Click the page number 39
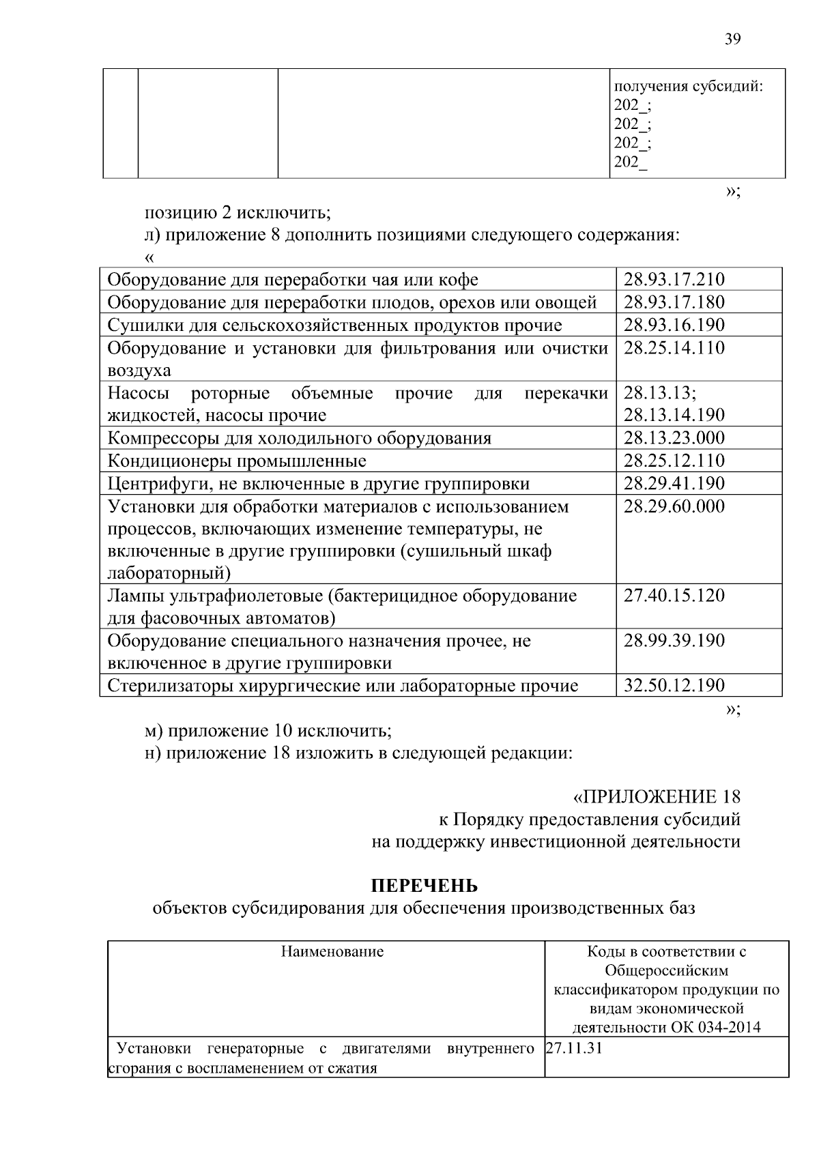pos(732,39)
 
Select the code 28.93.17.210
pos(674,279)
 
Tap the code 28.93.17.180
pos(674,302)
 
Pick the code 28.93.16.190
pos(674,324)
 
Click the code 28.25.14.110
pos(674,348)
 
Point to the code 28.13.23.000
pos(674,437)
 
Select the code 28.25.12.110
pos(674,460)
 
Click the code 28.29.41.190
pos(674,483)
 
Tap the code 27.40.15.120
pos(674,595)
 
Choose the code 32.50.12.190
pos(674,685)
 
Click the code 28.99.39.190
pos(674,640)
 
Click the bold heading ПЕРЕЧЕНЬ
pos(424,886)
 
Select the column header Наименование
pos(332,951)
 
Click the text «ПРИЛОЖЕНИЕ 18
pos(656,796)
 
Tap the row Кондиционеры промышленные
pos(237,461)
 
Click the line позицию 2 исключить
pos(237,213)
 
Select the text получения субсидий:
pos(688,87)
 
